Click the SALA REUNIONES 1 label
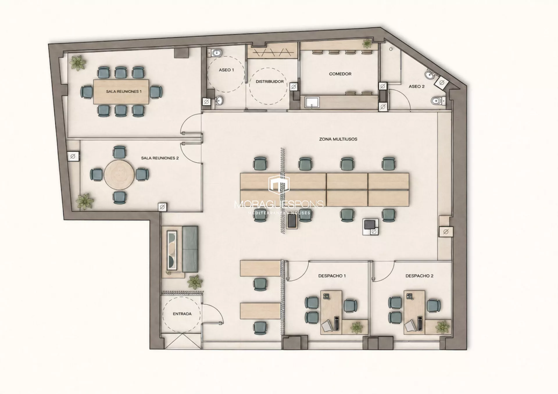tap(124, 92)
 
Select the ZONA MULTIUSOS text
tap(338, 139)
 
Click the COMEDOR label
tap(340, 74)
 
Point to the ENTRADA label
tap(182, 314)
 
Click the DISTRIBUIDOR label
tap(270, 82)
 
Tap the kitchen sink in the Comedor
tap(312, 102)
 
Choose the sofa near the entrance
tap(190, 249)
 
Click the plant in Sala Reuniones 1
tap(78, 63)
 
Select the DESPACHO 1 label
tap(332, 276)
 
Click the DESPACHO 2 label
tap(419, 276)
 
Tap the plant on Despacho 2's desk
tap(442, 327)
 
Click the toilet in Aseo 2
tap(437, 101)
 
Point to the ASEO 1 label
tap(226, 70)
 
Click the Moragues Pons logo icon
tap(279, 184)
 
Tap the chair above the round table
tap(119, 152)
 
